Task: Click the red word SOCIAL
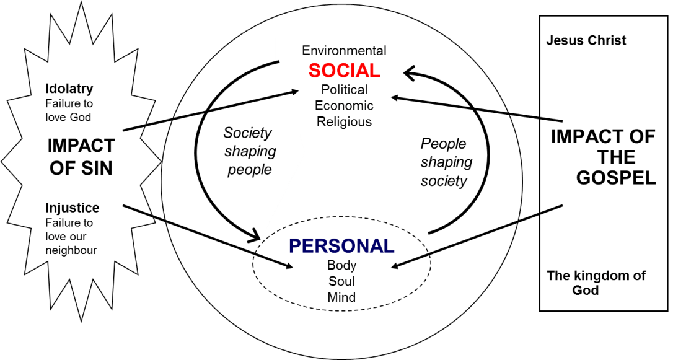click(x=344, y=70)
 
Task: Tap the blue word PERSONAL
click(x=341, y=246)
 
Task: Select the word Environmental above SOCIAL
click(x=344, y=51)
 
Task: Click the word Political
click(x=344, y=90)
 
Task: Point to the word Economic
click(x=344, y=106)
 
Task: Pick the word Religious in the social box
click(x=344, y=122)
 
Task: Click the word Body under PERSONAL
click(x=341, y=266)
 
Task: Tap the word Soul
click(x=341, y=282)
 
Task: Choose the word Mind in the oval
click(x=341, y=297)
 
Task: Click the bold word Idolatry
click(x=69, y=89)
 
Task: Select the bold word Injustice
click(x=72, y=208)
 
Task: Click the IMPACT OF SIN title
click(x=81, y=157)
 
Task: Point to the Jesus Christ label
click(x=586, y=41)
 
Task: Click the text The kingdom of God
click(x=596, y=283)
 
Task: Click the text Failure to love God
click(x=69, y=109)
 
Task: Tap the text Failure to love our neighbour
click(x=71, y=237)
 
